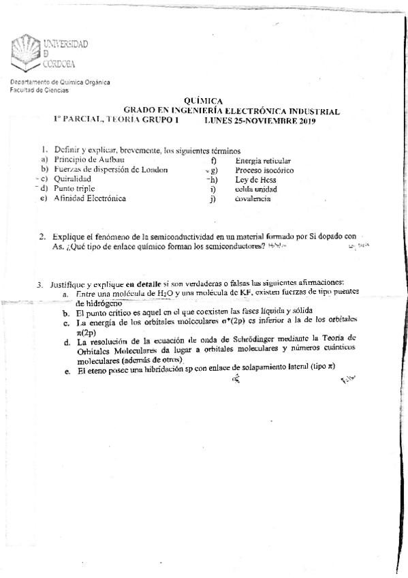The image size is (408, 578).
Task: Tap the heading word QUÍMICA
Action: click(204, 100)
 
